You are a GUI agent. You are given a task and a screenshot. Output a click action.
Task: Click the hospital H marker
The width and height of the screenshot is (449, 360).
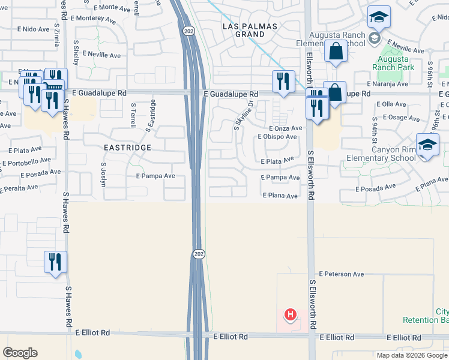tap(291, 314)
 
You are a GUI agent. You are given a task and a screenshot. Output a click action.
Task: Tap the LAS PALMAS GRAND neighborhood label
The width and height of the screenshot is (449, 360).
tap(250, 31)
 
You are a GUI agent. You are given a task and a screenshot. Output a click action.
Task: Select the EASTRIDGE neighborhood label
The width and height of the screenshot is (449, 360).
tap(126, 146)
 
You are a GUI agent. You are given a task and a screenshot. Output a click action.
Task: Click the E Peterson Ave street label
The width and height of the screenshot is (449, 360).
tap(342, 274)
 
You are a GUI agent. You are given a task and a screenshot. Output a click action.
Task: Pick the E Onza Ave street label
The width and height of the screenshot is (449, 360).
tap(286, 128)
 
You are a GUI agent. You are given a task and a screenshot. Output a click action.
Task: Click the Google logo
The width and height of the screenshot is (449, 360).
tap(20, 353)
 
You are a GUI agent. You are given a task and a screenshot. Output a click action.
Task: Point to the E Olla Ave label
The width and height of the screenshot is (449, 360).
tap(391, 104)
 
